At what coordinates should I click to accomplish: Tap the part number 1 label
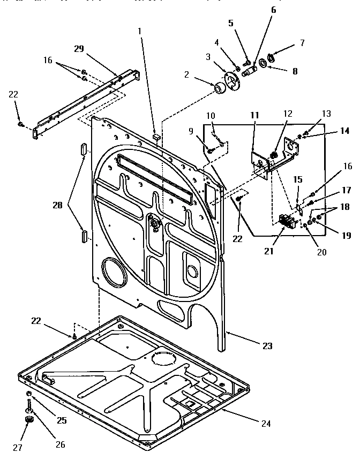[x=140, y=32]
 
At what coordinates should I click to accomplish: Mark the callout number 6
[x=273, y=10]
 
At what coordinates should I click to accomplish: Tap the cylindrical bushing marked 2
[x=219, y=88]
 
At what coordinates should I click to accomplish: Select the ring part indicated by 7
[x=272, y=57]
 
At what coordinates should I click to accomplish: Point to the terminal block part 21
[x=288, y=220]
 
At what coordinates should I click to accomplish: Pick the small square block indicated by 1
[x=156, y=137]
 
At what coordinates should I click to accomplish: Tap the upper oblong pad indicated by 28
[x=83, y=148]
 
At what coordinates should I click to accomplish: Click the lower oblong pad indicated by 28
[x=84, y=235]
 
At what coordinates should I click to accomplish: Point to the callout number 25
[x=62, y=420]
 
